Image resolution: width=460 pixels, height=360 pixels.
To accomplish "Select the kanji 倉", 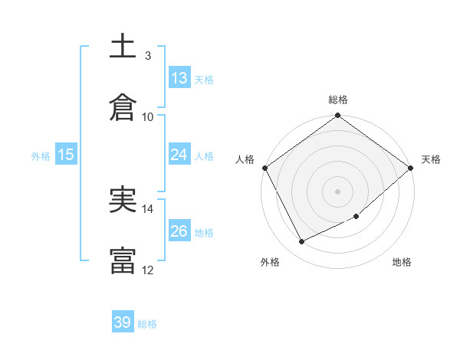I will coord(123,108).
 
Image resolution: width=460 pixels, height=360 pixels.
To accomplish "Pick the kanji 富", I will coord(123,260).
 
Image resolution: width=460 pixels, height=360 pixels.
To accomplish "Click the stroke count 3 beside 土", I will coord(147,56).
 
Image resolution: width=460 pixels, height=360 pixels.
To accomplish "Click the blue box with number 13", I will coord(179,77).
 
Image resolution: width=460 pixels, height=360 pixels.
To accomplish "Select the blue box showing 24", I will coord(179,155).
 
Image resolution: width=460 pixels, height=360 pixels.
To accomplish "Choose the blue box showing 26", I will coord(179,231).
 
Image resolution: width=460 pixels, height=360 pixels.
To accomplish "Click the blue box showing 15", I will coord(66,155).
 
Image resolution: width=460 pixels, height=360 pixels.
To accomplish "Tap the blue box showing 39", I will coord(123,322).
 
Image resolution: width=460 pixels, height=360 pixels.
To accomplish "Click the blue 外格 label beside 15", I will coord(41,155).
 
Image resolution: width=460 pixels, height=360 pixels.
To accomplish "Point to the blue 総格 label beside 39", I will coord(147,324).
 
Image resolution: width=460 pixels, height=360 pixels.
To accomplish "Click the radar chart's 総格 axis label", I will coord(338,100).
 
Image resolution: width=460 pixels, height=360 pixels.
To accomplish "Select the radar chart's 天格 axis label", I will coord(431,159).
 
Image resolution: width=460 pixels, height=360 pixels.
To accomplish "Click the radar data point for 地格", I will coord(356,217).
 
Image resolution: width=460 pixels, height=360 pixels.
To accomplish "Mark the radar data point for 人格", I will coord(264,168).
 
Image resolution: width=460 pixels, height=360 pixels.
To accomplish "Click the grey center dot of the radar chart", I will coord(338,191).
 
